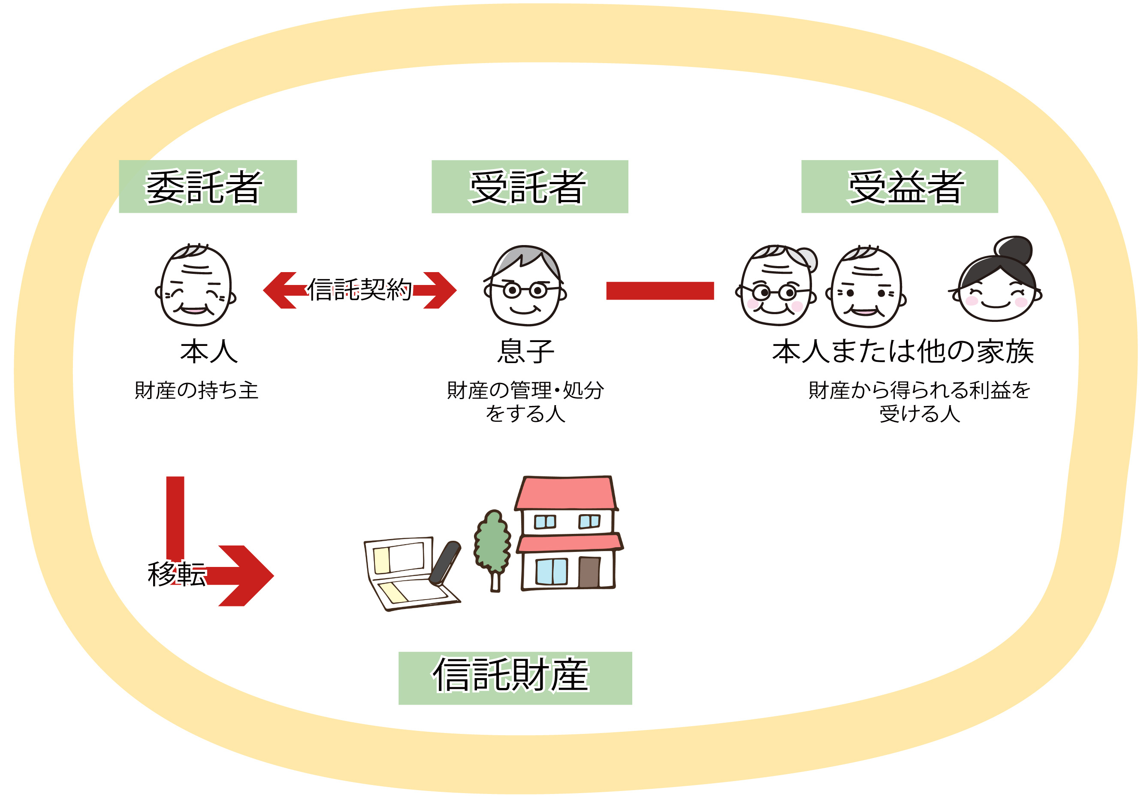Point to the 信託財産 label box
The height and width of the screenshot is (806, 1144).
(515, 678)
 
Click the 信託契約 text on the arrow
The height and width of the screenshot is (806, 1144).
(359, 290)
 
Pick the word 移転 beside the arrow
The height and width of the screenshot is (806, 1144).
(176, 574)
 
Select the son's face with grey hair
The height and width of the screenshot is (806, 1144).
(525, 288)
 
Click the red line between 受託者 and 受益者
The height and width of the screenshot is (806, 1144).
(660, 291)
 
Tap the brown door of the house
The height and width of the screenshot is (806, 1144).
(589, 572)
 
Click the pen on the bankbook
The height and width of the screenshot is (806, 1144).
(444, 563)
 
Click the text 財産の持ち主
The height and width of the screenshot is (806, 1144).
(196, 390)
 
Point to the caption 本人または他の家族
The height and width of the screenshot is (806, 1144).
(903, 351)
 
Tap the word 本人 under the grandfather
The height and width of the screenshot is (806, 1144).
(209, 351)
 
